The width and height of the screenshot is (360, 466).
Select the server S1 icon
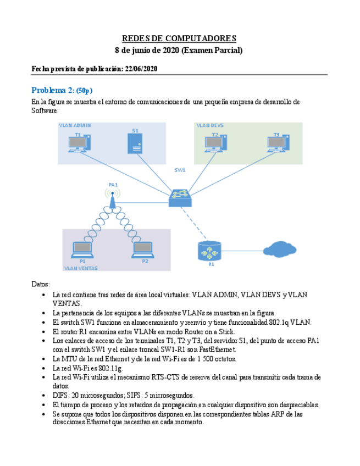click(x=135, y=144)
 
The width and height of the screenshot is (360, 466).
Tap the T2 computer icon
click(x=215, y=143)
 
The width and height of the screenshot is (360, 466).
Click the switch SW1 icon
click(x=180, y=197)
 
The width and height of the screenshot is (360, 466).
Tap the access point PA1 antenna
click(x=113, y=198)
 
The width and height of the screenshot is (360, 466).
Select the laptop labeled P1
click(x=82, y=250)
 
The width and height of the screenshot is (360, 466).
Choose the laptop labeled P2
click(x=142, y=250)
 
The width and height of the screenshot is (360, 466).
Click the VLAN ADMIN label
click(x=75, y=125)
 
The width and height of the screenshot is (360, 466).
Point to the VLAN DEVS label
click(x=210, y=125)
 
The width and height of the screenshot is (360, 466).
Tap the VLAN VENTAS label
click(x=81, y=268)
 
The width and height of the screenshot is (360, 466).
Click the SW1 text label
click(x=180, y=170)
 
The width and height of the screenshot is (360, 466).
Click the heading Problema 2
click(x=53, y=90)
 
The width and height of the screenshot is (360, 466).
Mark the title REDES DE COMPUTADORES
click(x=179, y=38)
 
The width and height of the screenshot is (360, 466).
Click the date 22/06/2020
click(x=141, y=69)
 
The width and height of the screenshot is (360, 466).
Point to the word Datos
click(x=41, y=284)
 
